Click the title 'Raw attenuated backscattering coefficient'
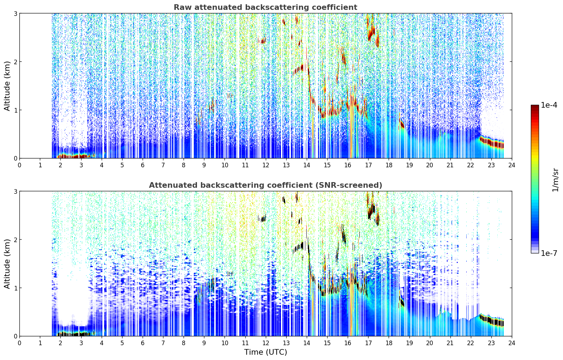(x=265, y=7)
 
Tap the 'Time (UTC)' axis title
(x=265, y=352)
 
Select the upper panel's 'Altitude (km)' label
(x=7, y=86)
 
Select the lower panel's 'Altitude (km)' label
(x=7, y=264)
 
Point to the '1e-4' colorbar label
(x=549, y=105)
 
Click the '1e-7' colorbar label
(x=549, y=253)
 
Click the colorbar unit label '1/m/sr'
(x=555, y=180)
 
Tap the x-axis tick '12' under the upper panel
(x=266, y=165)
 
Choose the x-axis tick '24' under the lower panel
(x=512, y=343)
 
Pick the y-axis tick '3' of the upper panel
(x=15, y=13)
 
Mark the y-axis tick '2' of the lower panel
(x=15, y=240)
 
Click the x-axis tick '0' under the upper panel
(x=20, y=165)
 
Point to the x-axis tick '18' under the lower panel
(x=389, y=343)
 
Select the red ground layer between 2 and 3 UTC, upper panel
(x=73, y=156)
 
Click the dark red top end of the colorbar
(x=535, y=107)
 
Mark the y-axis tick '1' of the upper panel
(x=15, y=110)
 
